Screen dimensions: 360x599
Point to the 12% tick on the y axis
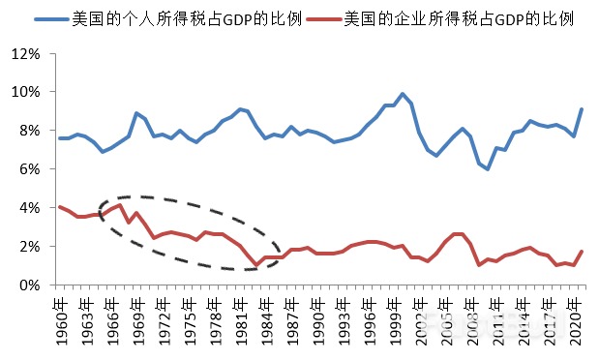coord(27,53)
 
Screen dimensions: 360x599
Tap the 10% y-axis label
coord(27,92)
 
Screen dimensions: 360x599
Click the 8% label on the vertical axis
coord(30,131)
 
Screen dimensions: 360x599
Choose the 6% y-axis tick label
coord(30,169)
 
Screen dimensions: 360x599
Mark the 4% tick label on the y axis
coord(30,208)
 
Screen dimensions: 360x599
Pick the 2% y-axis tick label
coord(30,247)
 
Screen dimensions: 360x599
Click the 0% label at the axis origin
coord(30,285)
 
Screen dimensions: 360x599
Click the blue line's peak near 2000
coord(403,94)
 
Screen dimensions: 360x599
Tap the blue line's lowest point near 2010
coord(488,168)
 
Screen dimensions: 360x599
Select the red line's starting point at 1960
coord(61,207)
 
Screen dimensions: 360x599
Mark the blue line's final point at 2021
coord(581,109)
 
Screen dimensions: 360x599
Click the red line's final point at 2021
coord(581,252)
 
